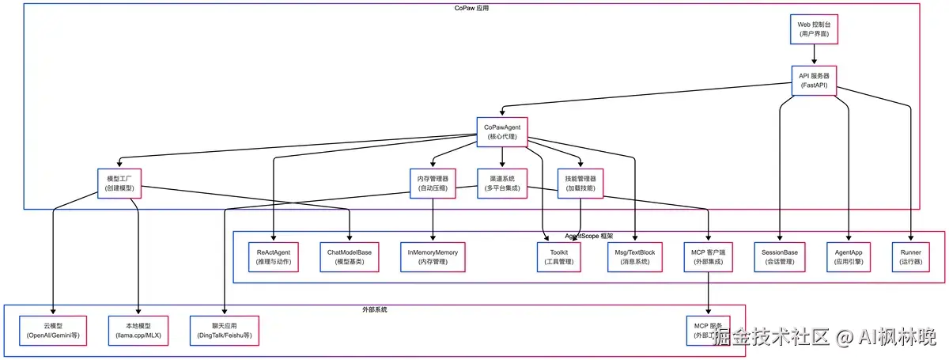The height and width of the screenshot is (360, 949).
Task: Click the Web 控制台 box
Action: click(813, 30)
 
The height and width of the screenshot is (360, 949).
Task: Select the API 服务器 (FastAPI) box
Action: click(813, 81)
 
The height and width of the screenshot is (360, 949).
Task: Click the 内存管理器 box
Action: click(433, 183)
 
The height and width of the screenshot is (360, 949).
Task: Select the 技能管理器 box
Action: click(581, 183)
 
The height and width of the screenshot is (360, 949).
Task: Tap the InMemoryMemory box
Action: click(433, 256)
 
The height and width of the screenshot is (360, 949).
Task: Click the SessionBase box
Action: click(780, 256)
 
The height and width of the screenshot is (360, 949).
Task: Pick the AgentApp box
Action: click(848, 256)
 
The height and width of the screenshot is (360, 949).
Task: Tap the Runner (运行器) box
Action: click(911, 256)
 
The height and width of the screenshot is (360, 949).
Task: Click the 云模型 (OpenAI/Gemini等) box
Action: click(53, 330)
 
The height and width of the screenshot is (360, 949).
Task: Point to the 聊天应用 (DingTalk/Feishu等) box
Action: click(225, 330)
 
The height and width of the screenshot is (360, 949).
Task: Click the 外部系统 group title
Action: click(375, 309)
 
